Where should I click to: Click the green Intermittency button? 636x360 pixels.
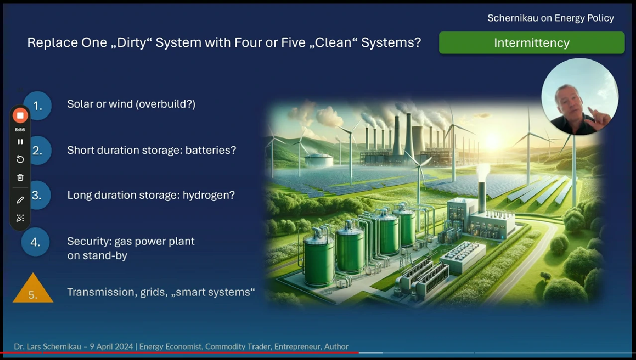(532, 43)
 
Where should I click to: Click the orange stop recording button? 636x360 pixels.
(20, 116)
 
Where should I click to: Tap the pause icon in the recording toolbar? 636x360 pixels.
(20, 142)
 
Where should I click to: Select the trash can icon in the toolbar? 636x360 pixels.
(20, 177)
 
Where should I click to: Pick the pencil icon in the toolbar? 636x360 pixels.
(20, 200)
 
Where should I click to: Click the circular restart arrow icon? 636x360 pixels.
(20, 159)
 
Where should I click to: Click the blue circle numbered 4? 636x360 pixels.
(35, 242)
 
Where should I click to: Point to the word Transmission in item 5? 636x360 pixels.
(101, 292)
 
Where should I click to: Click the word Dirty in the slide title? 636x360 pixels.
(134, 43)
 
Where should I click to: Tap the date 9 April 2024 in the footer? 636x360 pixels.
(111, 347)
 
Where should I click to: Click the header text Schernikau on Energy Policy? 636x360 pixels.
(550, 18)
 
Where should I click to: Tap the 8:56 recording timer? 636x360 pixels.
(20, 129)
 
